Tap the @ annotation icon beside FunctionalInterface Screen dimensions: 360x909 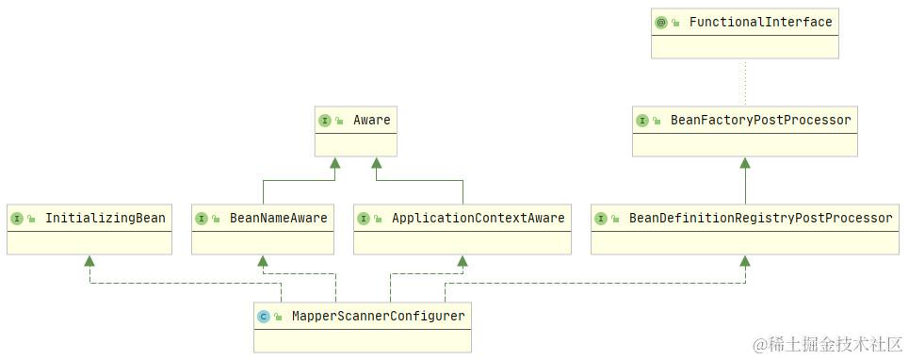coord(661,23)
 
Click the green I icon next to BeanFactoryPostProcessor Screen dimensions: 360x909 coord(642,121)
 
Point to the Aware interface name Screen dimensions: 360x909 coord(371,120)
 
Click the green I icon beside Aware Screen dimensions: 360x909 coord(325,121)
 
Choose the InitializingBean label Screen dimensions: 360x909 coord(105,218)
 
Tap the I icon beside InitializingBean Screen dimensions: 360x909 coord(17,219)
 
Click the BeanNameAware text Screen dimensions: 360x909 coord(278,218)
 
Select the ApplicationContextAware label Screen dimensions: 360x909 coord(478,218)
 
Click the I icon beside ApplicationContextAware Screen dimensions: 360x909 coord(364,219)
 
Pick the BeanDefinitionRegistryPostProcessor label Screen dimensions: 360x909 coord(760,218)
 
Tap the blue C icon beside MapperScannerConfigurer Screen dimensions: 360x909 coord(264,317)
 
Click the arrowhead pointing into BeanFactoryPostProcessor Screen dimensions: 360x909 coord(745,163)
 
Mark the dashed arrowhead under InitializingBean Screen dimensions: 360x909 coord(89,261)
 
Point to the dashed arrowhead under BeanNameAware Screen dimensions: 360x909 coord(263,261)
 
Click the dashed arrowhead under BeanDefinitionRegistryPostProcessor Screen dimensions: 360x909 coord(745,261)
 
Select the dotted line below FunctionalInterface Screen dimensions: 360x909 coord(745,83)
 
